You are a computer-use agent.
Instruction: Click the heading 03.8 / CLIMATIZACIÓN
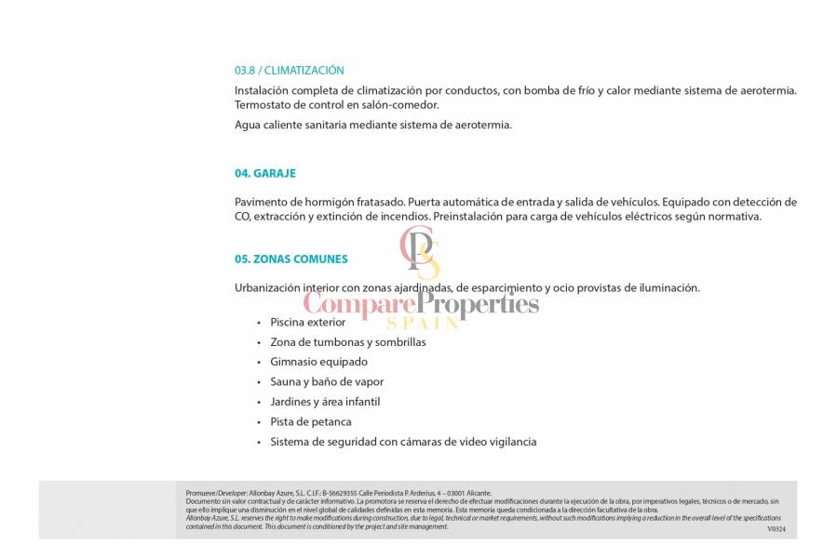coord(289,71)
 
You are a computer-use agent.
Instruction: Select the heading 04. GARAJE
coord(265,173)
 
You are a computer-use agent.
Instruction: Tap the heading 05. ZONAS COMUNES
coord(291,259)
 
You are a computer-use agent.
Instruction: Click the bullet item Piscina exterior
coord(307,323)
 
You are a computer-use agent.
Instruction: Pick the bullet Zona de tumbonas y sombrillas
coord(347,342)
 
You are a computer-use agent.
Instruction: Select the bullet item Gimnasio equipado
coord(318,362)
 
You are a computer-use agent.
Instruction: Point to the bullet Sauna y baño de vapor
coord(327,382)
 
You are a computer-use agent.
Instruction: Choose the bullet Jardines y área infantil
coord(325,402)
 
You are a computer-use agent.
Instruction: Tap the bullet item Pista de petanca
coord(311,422)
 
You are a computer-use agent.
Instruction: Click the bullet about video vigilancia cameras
coord(403,442)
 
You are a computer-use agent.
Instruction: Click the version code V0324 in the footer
coord(776,529)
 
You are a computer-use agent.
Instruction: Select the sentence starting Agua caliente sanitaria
coord(372,125)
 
